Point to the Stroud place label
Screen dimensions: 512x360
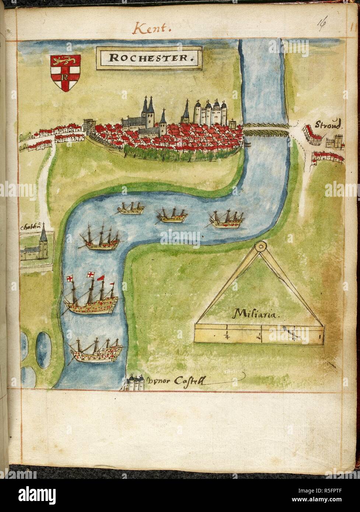[x=329, y=124]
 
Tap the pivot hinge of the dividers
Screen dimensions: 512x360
[x=261, y=245]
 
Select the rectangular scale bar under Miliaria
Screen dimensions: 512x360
[x=259, y=334]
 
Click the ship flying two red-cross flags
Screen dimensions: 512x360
[x=91, y=298]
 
